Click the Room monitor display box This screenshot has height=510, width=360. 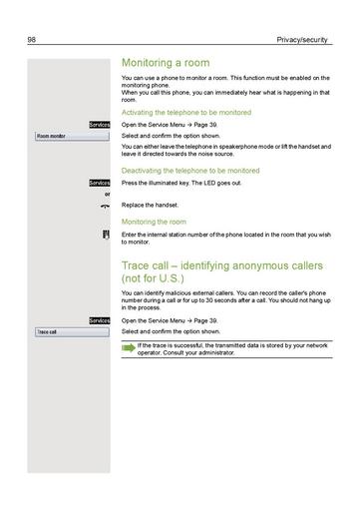pyautogui.click(x=70, y=135)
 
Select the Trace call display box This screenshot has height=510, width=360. pyautogui.click(x=70, y=330)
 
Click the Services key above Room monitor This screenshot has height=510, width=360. pyautogui.click(x=99, y=125)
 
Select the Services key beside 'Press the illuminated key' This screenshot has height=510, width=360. pyautogui.click(x=99, y=184)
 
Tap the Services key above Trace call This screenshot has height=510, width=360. pyautogui.click(x=99, y=320)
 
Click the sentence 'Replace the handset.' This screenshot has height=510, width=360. pyautogui.click(x=150, y=205)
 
